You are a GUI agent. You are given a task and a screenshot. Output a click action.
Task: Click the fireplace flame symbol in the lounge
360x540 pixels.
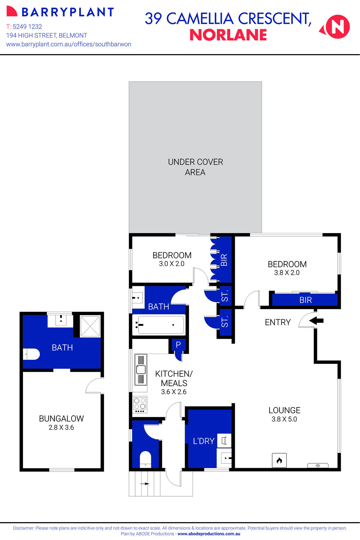[279, 460]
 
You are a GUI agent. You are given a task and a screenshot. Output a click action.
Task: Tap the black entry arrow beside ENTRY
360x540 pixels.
[316, 321]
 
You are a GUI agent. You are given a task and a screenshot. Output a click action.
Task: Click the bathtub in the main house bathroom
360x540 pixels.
[158, 325]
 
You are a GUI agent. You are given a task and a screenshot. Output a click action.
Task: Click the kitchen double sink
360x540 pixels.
[141, 370]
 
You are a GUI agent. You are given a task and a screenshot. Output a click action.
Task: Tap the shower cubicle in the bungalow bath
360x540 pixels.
[90, 326]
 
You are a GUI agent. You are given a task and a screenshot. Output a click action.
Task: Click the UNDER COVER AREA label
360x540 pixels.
[195, 167]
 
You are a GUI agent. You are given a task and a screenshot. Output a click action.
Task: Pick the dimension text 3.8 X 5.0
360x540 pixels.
[284, 419]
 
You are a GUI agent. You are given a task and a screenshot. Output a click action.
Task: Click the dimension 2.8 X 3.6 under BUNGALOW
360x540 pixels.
[61, 427]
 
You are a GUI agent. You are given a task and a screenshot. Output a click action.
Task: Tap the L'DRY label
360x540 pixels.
[204, 441]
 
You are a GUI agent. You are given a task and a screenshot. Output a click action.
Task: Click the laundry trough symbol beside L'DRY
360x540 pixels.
[224, 440]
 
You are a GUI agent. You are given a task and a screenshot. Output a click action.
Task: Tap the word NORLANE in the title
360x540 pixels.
[228, 35]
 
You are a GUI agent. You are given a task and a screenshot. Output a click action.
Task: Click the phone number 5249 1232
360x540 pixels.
[27, 27]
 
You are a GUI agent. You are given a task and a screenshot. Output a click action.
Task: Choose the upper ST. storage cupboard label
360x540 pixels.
[225, 296]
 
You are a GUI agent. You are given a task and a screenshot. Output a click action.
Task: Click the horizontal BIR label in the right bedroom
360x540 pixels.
[305, 300]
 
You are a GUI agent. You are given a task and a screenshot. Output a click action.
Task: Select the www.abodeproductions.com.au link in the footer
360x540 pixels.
[209, 534]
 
